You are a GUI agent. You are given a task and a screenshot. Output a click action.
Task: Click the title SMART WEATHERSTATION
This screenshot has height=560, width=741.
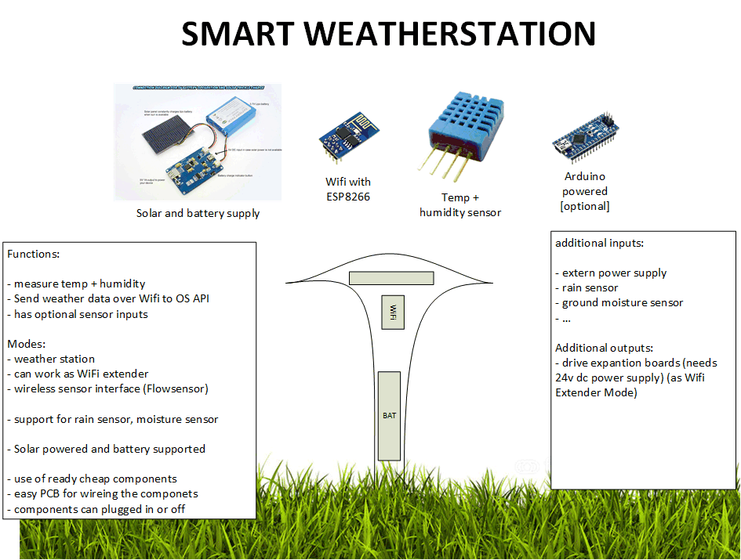[388, 34]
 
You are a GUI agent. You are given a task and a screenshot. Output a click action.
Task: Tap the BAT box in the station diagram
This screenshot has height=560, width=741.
[390, 416]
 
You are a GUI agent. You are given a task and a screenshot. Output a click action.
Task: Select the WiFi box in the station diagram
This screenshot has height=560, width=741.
[393, 313]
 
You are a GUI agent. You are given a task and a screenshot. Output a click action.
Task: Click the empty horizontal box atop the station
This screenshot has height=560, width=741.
[391, 278]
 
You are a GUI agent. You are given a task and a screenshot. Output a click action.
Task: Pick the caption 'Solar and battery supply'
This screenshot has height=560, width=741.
[198, 213]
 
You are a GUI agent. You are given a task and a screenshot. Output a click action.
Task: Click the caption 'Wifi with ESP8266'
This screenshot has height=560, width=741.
[348, 190]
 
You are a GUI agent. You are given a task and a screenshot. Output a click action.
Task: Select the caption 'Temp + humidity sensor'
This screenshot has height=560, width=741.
[460, 205]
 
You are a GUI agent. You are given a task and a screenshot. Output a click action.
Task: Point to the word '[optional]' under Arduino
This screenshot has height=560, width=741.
[585, 206]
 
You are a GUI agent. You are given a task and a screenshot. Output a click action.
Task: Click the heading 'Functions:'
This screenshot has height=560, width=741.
[33, 255]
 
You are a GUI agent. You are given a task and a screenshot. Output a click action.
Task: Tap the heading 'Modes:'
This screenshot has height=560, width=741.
[27, 344]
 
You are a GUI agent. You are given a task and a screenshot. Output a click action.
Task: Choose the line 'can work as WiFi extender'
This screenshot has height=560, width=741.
[81, 374]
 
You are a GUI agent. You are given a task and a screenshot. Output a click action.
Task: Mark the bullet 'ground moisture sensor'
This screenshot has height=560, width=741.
[623, 302]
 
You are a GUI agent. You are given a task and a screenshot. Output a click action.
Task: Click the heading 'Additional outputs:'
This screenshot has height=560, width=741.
[603, 348]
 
